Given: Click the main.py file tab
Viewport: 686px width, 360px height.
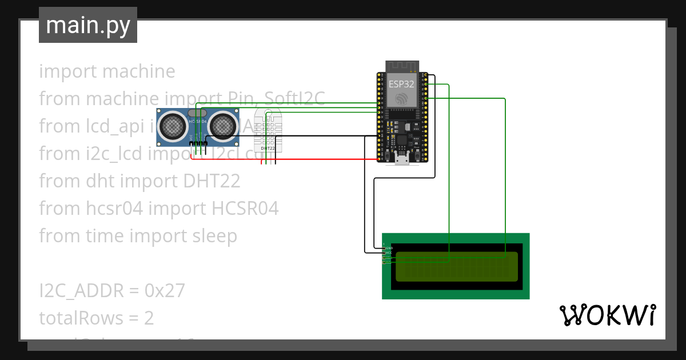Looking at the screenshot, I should [87, 25].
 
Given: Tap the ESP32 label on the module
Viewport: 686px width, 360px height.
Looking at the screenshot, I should [402, 83].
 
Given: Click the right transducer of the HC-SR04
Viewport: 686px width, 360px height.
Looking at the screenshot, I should [222, 126].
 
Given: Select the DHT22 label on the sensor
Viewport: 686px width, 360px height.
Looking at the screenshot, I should [268, 148].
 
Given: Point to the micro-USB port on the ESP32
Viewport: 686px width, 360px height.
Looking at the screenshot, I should [402, 160].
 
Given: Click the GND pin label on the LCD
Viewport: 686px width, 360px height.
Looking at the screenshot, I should [389, 249].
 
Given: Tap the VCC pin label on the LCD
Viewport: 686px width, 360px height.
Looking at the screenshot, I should [389, 253].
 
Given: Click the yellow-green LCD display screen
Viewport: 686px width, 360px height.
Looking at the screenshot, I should [456, 267].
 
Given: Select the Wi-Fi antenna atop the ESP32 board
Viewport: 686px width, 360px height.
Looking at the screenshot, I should [402, 65].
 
